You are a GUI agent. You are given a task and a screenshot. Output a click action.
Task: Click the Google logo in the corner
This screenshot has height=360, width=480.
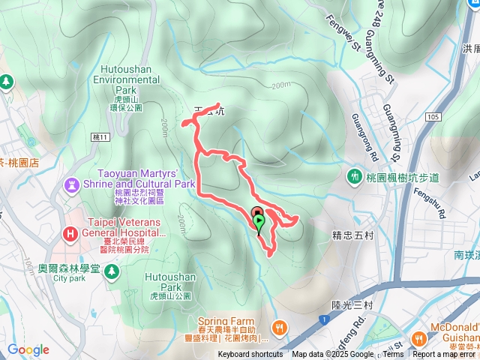click(x=28, y=349)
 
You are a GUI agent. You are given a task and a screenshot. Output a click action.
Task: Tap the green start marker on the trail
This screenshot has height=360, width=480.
click(x=259, y=223)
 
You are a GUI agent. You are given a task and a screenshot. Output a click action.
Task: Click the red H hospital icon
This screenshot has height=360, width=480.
click(x=70, y=233)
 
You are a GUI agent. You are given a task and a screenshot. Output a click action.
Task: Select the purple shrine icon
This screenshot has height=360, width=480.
click(x=72, y=183)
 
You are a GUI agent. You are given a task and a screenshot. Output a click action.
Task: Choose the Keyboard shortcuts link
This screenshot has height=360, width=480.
click(x=250, y=355)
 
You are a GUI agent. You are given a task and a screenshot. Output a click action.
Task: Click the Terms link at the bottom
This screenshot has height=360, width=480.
click(x=393, y=355)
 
